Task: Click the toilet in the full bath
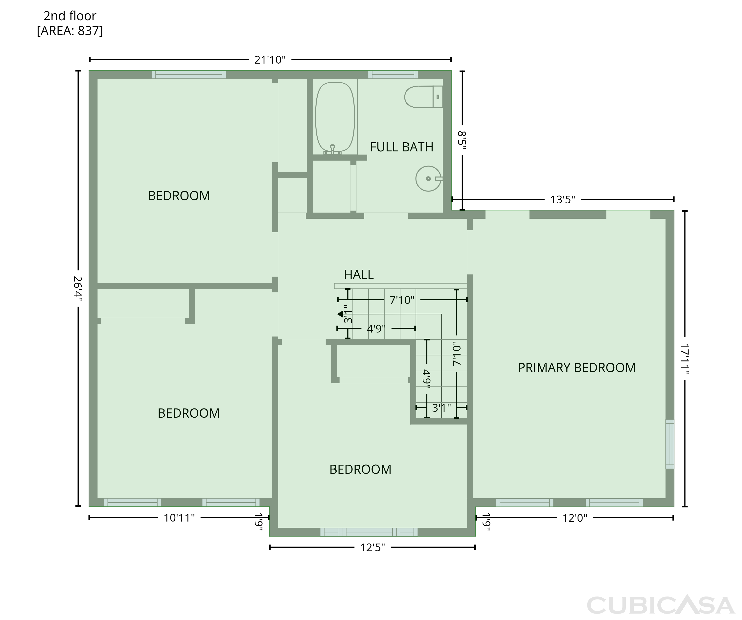423,97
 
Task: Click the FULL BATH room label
401,147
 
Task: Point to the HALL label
359,274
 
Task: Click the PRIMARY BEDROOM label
577,368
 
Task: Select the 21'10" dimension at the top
270,60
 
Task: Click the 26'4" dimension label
78,288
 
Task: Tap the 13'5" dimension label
562,200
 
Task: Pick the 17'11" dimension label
685,358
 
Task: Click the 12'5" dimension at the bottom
372,548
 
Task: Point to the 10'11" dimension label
179,518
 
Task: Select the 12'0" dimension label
575,518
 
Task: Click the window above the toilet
393,74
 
